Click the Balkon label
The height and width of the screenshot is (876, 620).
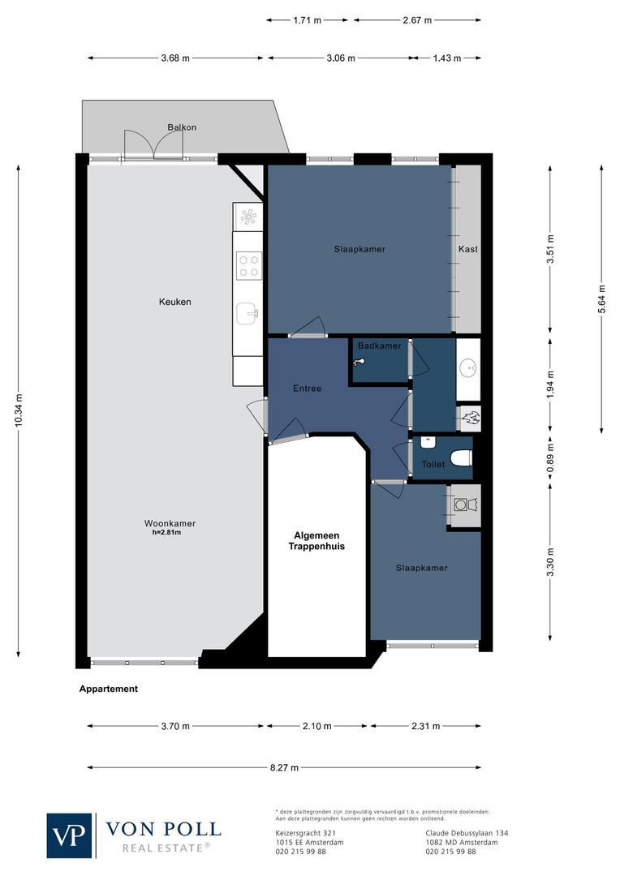[x=182, y=127]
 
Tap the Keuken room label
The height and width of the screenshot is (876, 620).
[x=174, y=302]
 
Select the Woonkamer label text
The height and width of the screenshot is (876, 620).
[x=170, y=523]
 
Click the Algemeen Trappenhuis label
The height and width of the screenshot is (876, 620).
[x=317, y=541]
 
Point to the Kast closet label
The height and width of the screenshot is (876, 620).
[x=467, y=249]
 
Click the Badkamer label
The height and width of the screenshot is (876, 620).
[x=379, y=346]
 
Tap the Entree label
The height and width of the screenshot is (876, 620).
[x=307, y=389]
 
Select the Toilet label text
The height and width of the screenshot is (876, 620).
[x=433, y=465]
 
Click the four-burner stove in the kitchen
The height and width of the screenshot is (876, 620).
[x=248, y=265]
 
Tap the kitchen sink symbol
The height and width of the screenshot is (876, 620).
[x=247, y=312]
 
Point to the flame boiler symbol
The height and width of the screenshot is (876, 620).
[x=470, y=419]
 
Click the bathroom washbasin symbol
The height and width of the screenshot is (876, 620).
[x=468, y=370]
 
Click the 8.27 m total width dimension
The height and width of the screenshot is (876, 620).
[x=283, y=767]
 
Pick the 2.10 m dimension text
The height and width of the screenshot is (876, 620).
[x=316, y=726]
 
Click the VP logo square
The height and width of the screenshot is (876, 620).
[x=70, y=835]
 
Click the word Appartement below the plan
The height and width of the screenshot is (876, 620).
[x=108, y=689]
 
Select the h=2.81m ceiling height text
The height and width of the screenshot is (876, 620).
[x=166, y=533]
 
